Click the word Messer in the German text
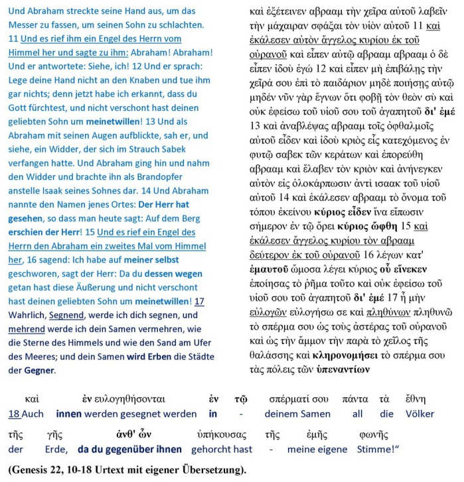[23, 24]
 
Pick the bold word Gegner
[39, 370]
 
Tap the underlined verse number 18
[14, 414]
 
